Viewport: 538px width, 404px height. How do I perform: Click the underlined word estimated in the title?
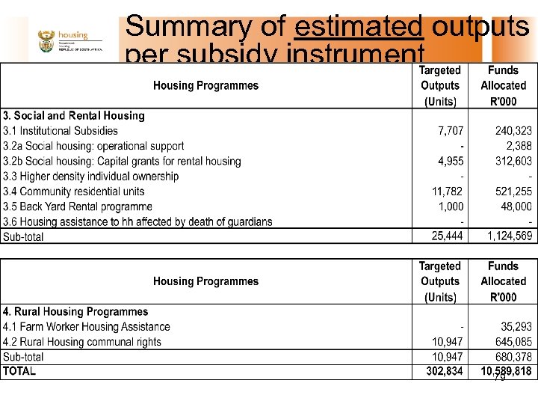359,27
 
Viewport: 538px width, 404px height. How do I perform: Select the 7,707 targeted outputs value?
450,131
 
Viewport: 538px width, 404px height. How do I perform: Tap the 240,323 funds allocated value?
513,131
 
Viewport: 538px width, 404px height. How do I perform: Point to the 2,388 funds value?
519,146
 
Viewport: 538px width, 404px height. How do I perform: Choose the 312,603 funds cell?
513,161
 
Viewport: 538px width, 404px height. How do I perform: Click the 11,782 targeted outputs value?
448,192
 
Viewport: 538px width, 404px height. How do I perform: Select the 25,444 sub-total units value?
448,236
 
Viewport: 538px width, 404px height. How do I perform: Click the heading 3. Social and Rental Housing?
74,116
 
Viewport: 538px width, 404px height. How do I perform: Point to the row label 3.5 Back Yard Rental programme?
78,206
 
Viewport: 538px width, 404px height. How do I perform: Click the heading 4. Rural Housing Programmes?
75,312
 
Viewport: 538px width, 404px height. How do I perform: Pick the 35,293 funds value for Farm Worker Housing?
516,327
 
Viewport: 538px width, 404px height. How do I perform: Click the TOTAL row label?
19,371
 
